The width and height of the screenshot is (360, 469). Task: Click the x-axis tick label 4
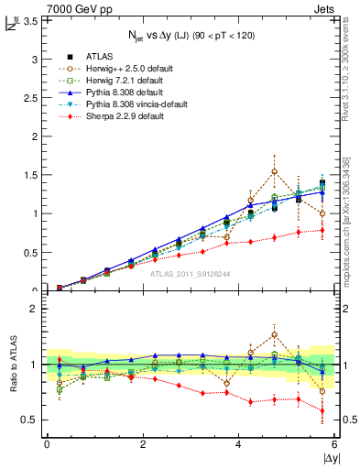[x=239, y=444]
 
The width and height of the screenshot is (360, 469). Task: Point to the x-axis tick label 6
[x=335, y=444]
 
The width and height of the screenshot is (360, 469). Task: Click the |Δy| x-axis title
[x=330, y=458]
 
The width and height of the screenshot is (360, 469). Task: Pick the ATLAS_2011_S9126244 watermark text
[x=191, y=274]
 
